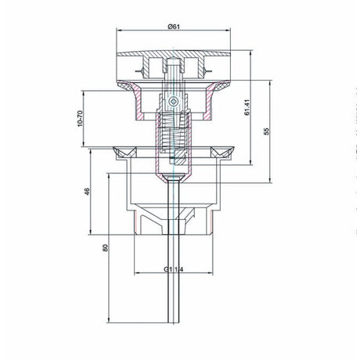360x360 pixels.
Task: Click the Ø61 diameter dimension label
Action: coord(174,27)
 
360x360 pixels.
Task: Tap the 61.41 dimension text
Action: coord(247,107)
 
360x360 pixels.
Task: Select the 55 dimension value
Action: coord(266,131)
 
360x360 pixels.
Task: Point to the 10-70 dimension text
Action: coord(80,119)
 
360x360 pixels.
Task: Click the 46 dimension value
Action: coord(87,192)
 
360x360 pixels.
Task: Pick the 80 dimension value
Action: coord(105,247)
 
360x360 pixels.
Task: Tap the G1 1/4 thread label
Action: coord(174,269)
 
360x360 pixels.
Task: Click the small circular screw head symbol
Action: coord(173,101)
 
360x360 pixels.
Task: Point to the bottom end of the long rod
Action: coord(174,322)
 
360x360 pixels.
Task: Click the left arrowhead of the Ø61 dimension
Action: coord(119,31)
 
